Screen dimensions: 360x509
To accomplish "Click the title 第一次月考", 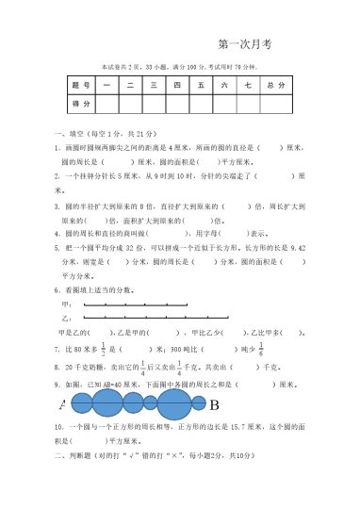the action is click(243, 43).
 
